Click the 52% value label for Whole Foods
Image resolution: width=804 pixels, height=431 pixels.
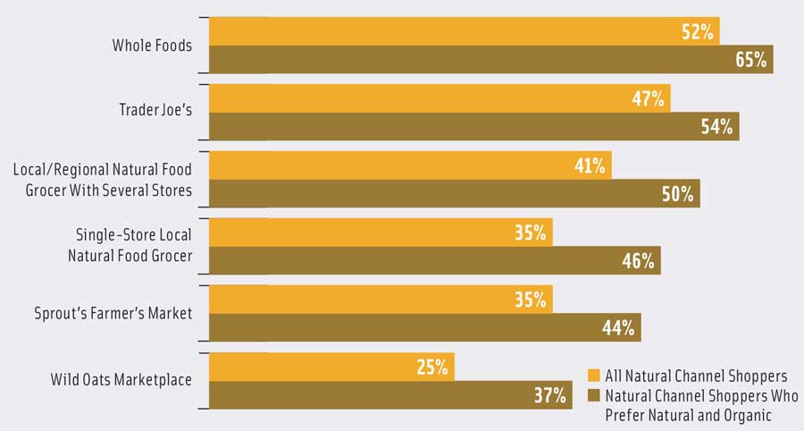[x=696, y=32]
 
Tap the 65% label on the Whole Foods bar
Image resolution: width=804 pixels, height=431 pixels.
[x=750, y=61]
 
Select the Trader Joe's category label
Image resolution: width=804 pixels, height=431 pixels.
[x=155, y=111]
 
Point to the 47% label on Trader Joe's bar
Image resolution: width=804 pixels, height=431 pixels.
[x=648, y=99]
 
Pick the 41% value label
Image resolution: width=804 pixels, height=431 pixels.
[x=589, y=165]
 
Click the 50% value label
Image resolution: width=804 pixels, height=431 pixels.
[x=677, y=194]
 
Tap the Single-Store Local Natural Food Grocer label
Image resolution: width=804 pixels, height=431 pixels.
[x=132, y=244]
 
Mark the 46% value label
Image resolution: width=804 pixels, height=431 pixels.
[x=638, y=261]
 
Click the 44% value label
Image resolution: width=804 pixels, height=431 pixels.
[x=618, y=328]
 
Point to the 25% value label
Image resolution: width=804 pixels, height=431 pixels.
[x=431, y=367]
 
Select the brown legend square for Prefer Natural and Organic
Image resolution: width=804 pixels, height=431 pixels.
[x=592, y=395]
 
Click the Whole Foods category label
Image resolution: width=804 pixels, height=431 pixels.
[x=152, y=45]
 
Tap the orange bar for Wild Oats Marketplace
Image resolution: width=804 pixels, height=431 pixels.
[x=331, y=367]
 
